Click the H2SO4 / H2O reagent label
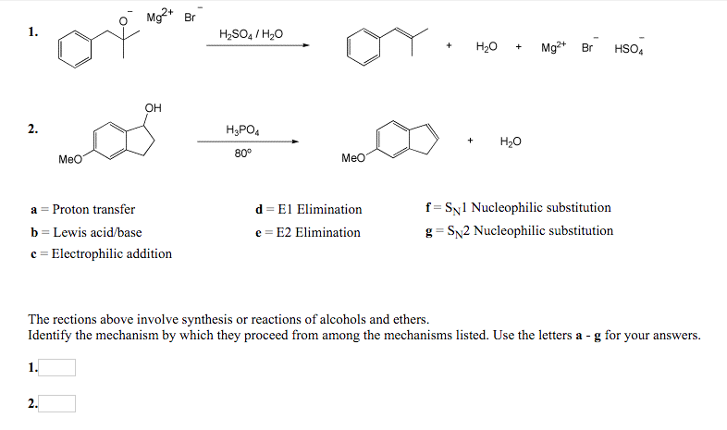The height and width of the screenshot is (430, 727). point(250,34)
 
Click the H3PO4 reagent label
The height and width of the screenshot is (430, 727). point(243,129)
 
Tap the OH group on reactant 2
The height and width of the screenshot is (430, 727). point(153,108)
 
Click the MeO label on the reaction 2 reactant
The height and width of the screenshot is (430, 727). point(70,159)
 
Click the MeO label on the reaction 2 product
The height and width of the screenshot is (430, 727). point(353,159)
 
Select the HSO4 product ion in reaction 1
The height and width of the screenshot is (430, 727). point(629,46)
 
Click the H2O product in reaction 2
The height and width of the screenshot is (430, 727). point(510,141)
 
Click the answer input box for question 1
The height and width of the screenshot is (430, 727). point(57,368)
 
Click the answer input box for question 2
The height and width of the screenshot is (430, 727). point(57,403)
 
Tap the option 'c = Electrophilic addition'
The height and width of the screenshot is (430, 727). point(101,253)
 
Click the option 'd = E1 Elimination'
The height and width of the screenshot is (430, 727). point(308,209)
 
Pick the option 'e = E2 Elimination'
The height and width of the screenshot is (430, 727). point(307,232)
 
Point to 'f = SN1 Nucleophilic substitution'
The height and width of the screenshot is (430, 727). point(515,208)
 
